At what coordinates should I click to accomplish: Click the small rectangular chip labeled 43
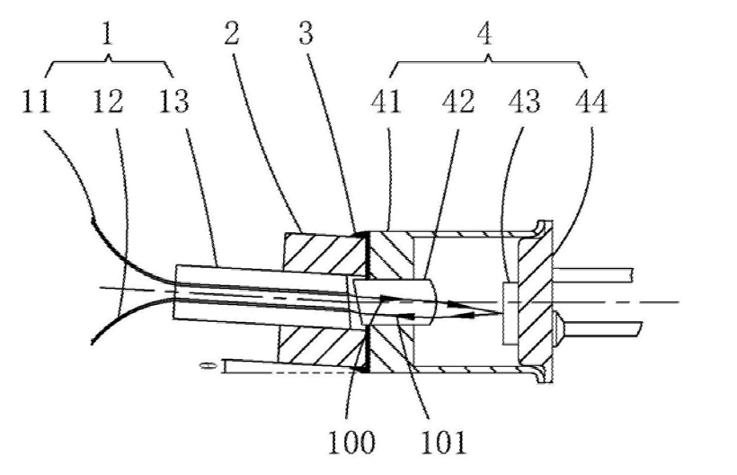click(510, 312)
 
